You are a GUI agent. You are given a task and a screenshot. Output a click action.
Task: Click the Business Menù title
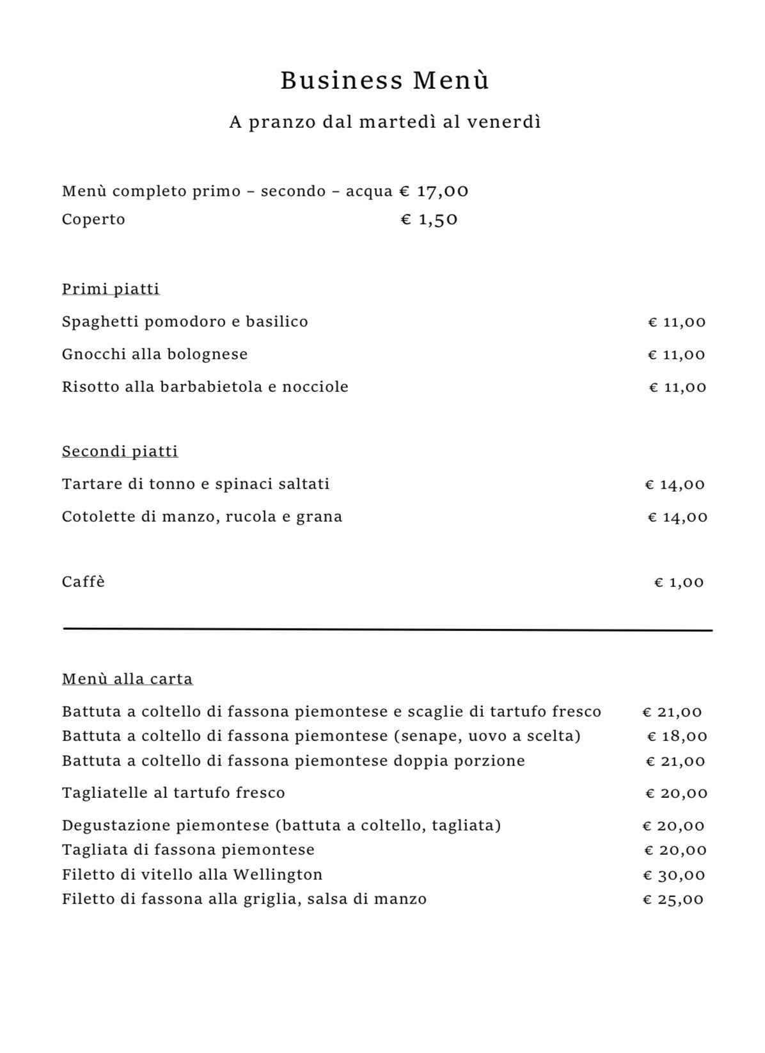tap(384, 81)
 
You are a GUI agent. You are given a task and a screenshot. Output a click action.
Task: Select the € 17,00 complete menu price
tap(434, 191)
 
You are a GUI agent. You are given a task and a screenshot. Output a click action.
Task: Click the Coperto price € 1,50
tap(429, 220)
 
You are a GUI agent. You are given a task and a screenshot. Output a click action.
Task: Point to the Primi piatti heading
tap(111, 289)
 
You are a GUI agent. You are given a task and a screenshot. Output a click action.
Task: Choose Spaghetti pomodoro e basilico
tap(185, 322)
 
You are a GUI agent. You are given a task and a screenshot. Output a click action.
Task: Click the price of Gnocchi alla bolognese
tap(677, 355)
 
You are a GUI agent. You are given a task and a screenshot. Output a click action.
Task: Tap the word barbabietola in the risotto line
tap(210, 387)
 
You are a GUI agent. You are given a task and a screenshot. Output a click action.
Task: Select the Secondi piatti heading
tap(120, 451)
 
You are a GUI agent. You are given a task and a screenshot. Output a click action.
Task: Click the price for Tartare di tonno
tap(675, 485)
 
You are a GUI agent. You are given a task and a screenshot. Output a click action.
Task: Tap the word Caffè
tap(83, 582)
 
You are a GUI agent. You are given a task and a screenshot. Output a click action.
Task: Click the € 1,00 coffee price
tap(679, 582)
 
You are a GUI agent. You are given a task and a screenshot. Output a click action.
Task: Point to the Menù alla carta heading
tap(127, 679)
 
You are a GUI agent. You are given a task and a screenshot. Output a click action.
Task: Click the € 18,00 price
tap(677, 737)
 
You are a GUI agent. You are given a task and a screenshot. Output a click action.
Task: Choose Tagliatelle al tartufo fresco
tap(173, 793)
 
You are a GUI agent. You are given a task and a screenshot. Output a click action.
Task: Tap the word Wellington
tap(277, 875)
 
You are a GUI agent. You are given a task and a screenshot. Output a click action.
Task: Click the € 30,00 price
tap(674, 875)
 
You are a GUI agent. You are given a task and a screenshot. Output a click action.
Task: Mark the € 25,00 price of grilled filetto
tap(673, 900)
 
